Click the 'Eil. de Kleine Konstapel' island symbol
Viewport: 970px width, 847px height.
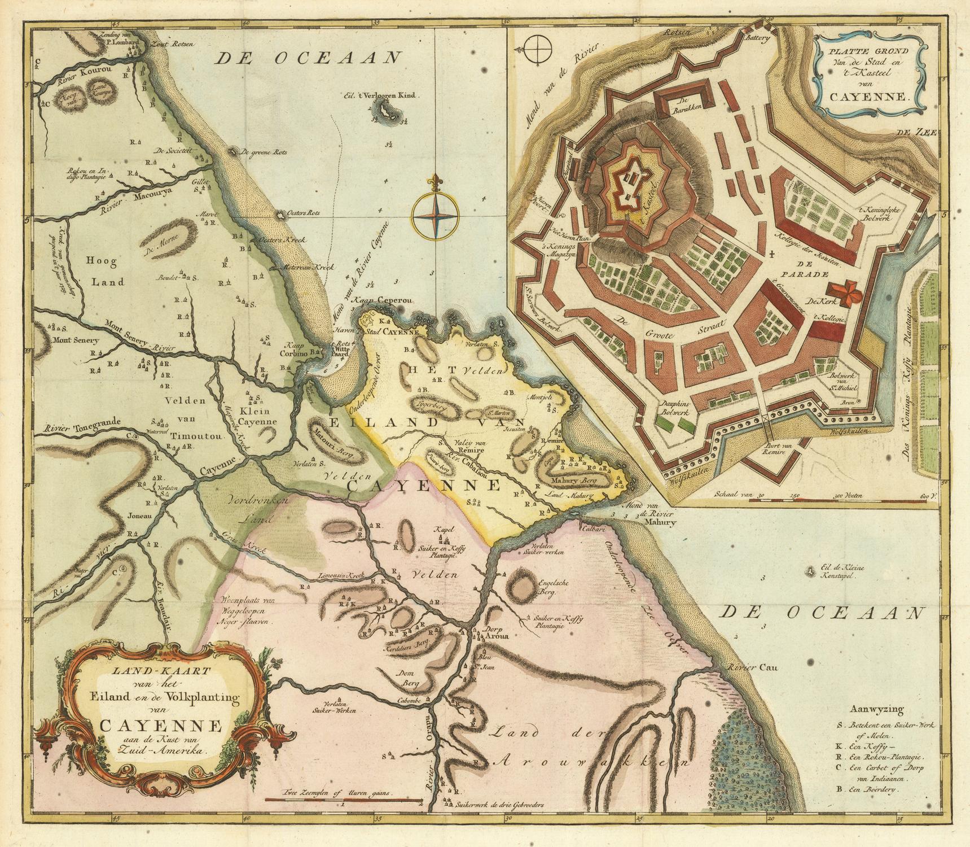(811, 571)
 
